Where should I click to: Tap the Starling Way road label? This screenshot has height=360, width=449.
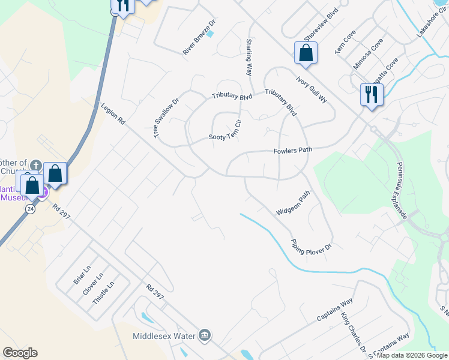(x=249, y=57)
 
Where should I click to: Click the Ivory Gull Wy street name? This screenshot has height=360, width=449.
(x=311, y=89)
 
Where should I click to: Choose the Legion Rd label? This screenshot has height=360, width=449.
(x=113, y=113)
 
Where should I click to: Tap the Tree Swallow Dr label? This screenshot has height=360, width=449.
(x=167, y=119)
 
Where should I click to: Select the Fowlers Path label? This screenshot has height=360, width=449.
(x=293, y=151)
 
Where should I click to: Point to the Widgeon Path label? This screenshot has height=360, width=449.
(x=293, y=204)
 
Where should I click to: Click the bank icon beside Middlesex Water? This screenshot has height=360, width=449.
(x=205, y=334)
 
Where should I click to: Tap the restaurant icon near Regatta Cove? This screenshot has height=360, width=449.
(x=370, y=94)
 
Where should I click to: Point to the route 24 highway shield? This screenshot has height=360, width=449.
(x=30, y=208)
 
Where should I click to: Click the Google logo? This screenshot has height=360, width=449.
(x=20, y=353)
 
